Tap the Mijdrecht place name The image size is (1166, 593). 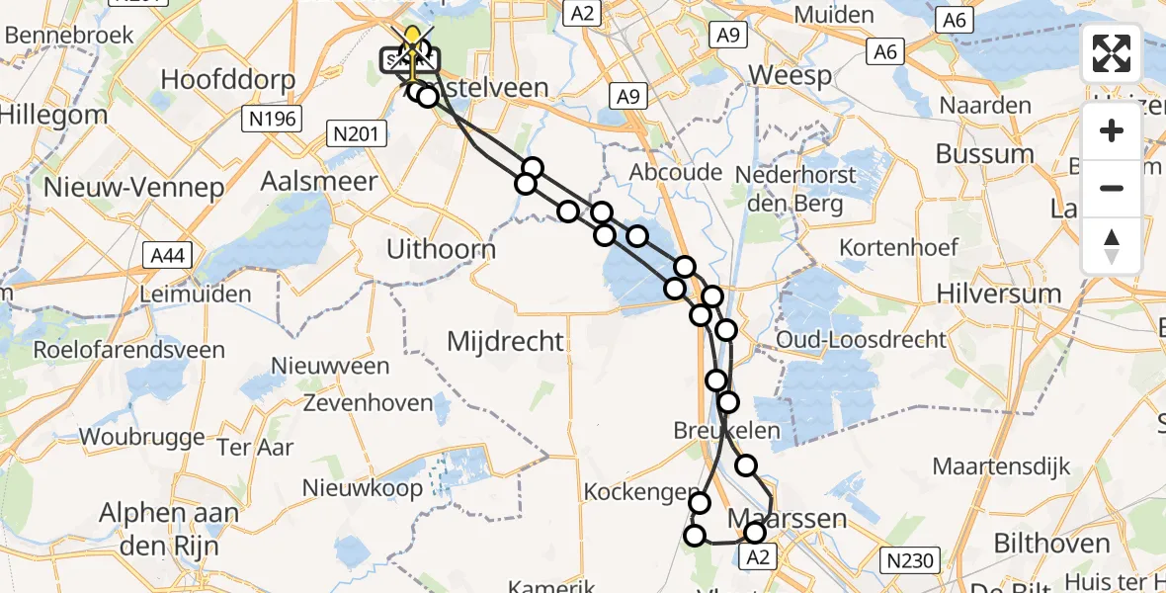[x=506, y=342]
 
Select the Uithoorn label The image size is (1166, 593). [x=441, y=249]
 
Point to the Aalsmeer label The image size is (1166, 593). [x=319, y=181]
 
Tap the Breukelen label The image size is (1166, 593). [x=727, y=431]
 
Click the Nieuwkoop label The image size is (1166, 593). [x=356, y=487]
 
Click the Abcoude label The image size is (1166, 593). [x=676, y=172]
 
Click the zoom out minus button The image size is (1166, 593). [x=1112, y=188]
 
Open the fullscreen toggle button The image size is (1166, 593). [x=1112, y=53]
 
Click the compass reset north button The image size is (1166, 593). [x=1112, y=246]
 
